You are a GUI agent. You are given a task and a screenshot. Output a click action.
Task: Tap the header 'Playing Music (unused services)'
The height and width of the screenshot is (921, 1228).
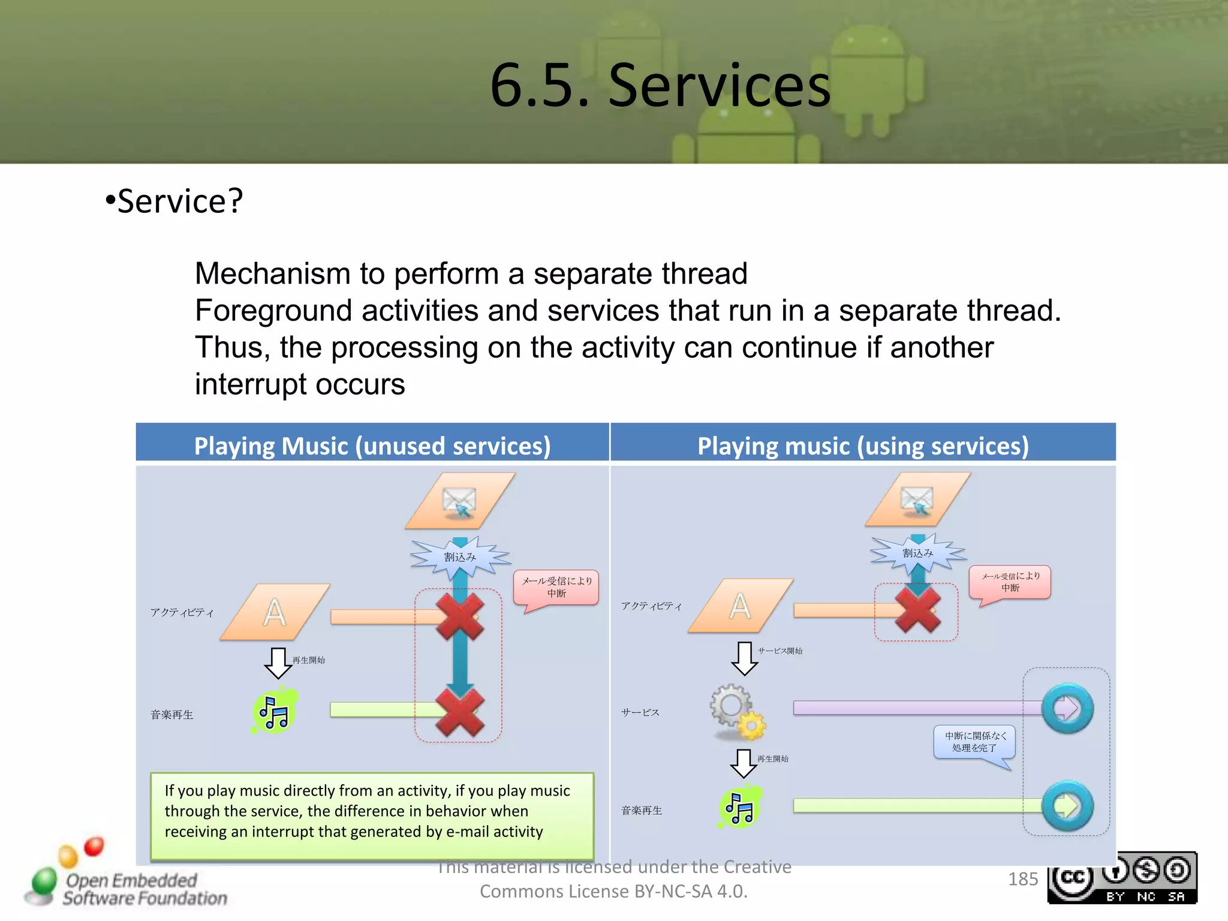372,446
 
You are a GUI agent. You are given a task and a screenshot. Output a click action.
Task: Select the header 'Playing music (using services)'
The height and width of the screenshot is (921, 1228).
863,446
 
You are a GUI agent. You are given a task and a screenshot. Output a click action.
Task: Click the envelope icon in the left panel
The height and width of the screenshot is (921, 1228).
459,501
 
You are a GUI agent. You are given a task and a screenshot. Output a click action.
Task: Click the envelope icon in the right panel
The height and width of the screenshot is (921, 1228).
917,499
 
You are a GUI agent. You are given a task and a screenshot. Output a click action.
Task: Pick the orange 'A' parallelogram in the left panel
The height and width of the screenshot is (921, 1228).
275,612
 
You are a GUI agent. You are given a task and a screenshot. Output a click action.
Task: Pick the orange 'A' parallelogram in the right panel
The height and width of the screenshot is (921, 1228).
740,606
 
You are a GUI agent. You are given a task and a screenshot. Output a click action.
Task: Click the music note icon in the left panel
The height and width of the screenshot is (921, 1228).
275,712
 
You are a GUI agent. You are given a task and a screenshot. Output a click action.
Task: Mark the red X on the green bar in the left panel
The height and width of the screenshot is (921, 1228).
459,711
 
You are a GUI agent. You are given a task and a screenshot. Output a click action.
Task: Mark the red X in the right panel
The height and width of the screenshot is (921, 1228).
917,609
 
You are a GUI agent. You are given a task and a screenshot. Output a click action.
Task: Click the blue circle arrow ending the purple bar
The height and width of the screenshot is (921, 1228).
1067,708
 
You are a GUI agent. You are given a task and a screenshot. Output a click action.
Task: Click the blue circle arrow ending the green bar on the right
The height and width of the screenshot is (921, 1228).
1067,806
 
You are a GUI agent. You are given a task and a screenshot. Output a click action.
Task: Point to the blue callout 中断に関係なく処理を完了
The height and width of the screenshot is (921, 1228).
974,742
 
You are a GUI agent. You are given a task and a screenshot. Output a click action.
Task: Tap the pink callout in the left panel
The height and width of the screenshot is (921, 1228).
556,587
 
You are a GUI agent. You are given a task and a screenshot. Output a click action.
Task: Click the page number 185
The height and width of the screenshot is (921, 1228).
1022,879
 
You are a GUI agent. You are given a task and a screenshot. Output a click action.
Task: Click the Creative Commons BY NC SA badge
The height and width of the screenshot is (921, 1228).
1121,878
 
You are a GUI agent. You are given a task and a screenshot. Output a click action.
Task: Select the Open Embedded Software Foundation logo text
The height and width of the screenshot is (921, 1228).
144,889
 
